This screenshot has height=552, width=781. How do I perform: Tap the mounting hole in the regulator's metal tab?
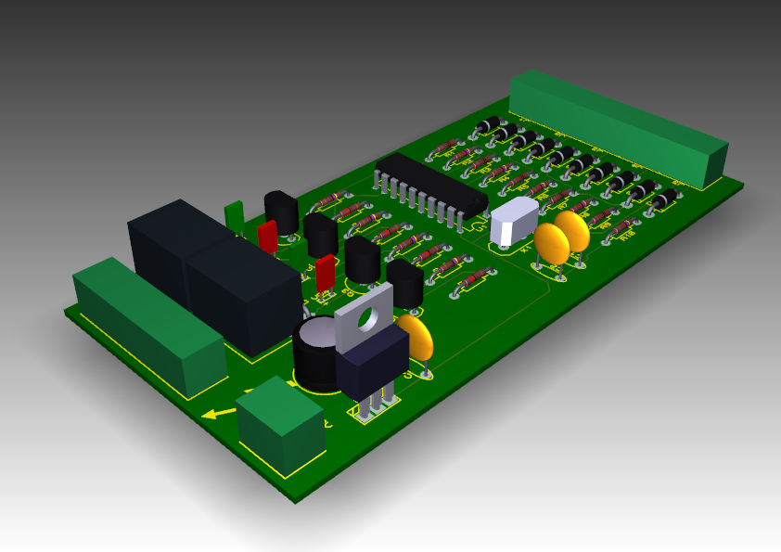click(x=368, y=316)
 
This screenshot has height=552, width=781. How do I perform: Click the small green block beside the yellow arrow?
click(x=280, y=425)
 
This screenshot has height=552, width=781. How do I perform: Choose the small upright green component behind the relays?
click(x=235, y=216)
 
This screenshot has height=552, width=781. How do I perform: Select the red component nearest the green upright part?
click(x=267, y=236)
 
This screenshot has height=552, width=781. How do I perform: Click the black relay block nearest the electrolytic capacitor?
click(x=243, y=294)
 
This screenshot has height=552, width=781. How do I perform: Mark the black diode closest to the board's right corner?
click(x=665, y=199)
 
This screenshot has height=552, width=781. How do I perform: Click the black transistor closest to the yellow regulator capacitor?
click(x=404, y=282)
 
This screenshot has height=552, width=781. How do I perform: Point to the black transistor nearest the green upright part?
click(x=281, y=212)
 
